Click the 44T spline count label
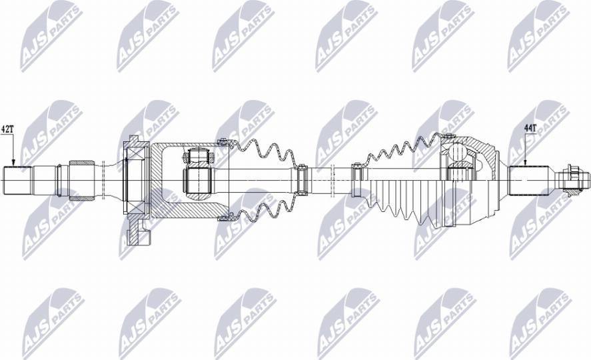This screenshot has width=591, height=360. click(530, 127)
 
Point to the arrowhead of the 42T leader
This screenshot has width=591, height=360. click(13, 164)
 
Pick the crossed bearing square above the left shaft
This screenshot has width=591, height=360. click(136, 152)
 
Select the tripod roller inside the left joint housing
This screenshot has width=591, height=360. click(197, 179)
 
